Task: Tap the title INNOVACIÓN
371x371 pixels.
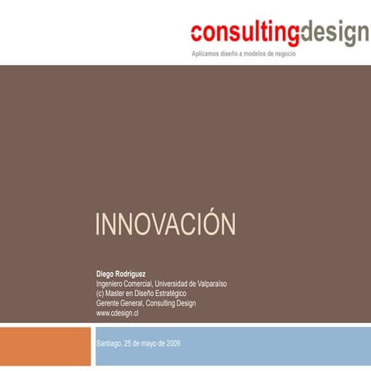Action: click(x=165, y=226)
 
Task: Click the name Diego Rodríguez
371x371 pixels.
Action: click(x=121, y=274)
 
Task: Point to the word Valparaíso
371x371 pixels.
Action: click(x=208, y=284)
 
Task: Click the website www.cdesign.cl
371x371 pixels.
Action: click(x=117, y=313)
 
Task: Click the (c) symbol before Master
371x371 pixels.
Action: click(x=100, y=294)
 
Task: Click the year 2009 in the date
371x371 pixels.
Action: click(x=172, y=343)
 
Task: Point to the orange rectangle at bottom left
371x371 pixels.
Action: click(x=46, y=348)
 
